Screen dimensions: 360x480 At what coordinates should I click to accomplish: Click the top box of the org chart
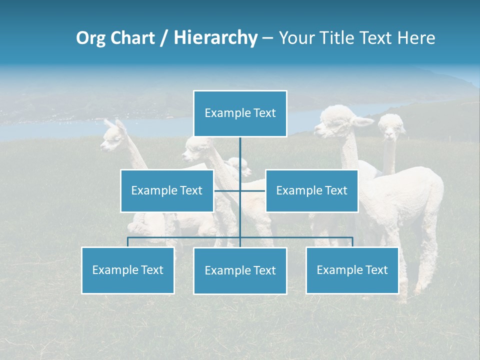click(240, 113)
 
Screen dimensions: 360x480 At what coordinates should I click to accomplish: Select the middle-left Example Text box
click(167, 190)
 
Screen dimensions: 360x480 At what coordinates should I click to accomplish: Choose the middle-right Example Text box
click(311, 190)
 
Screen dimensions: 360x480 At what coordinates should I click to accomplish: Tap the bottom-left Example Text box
click(127, 270)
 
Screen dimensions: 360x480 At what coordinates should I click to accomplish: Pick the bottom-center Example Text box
click(240, 270)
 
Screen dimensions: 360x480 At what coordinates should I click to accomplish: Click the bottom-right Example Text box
click(352, 270)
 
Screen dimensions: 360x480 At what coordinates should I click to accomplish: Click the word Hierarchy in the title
click(215, 37)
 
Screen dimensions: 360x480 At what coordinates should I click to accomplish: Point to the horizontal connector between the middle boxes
click(240, 190)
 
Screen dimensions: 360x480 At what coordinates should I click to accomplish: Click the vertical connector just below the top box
click(240, 150)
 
